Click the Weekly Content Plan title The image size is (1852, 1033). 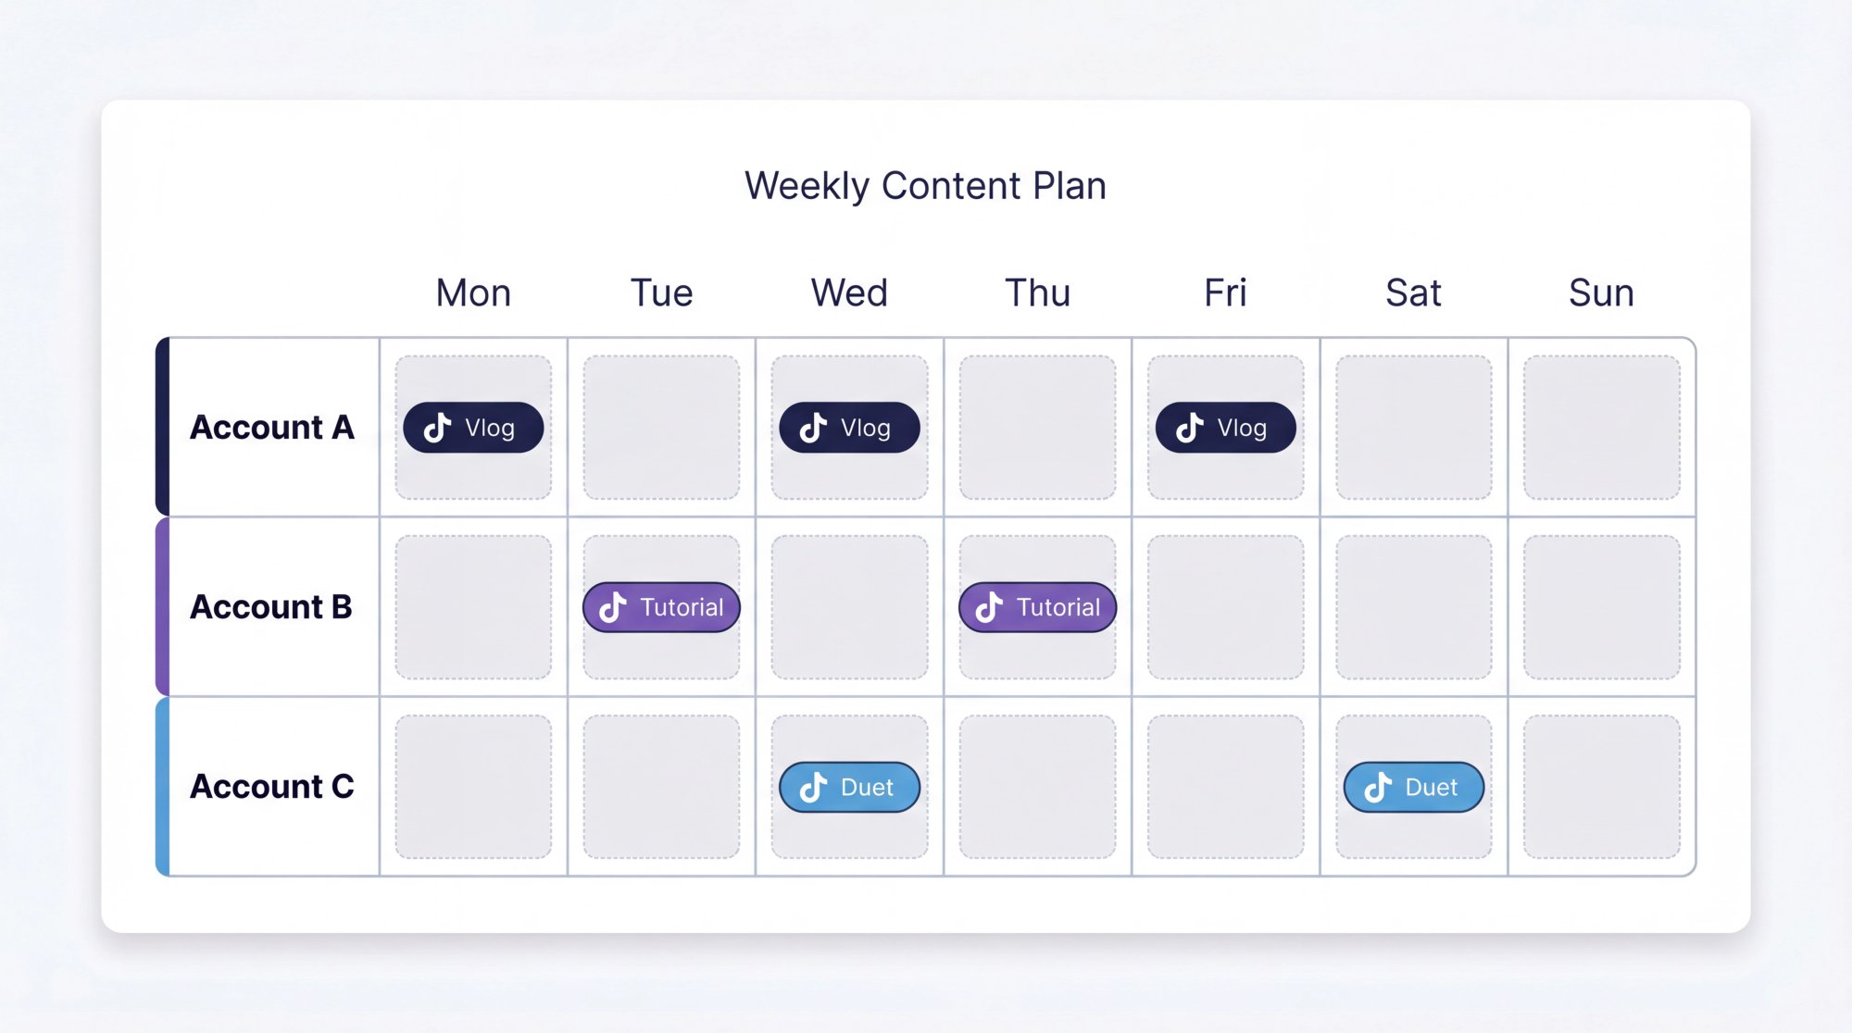click(x=925, y=186)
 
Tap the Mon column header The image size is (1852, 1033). click(x=473, y=293)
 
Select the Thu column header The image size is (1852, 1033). click(x=1037, y=293)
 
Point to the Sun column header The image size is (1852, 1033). click(x=1601, y=293)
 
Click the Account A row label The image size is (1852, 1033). click(x=271, y=428)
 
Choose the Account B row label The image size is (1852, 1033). click(x=270, y=607)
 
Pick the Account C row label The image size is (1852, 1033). click(x=271, y=787)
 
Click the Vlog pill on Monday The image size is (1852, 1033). click(x=473, y=428)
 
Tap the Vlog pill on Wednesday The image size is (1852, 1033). click(x=849, y=428)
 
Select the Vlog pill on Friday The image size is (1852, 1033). click(x=1225, y=428)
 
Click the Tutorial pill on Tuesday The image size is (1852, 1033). click(x=661, y=607)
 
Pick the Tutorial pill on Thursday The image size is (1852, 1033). click(x=1037, y=607)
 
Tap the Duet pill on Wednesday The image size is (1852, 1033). click(x=849, y=787)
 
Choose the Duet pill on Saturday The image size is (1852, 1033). click(x=1413, y=787)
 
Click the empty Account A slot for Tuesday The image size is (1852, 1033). click(x=661, y=428)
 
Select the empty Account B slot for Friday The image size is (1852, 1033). click(x=1225, y=607)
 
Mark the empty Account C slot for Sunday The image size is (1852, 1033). click(x=1601, y=787)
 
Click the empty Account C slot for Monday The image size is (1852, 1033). click(x=473, y=787)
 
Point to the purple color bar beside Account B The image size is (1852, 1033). click(x=163, y=607)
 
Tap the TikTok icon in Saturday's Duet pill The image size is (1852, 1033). click(x=1378, y=787)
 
